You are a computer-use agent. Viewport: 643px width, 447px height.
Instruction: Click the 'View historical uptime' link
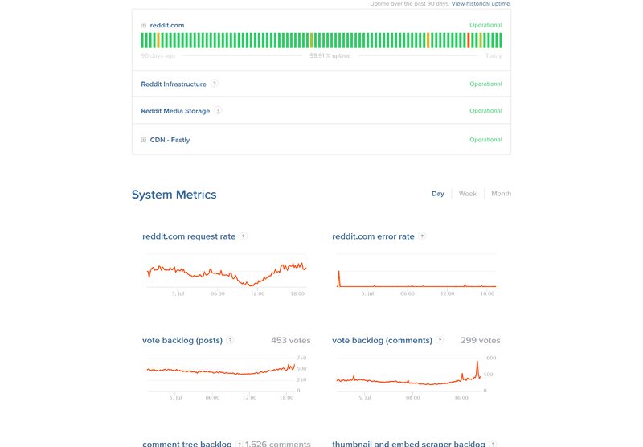(x=480, y=4)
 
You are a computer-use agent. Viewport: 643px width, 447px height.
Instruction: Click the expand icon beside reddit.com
(x=144, y=25)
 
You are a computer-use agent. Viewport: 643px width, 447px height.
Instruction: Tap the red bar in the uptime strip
(x=469, y=40)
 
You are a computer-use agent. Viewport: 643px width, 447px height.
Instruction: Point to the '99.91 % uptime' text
(x=330, y=56)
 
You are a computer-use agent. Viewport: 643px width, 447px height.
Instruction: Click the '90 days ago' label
(x=158, y=56)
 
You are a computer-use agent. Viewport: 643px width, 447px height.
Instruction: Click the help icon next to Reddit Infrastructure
(x=215, y=84)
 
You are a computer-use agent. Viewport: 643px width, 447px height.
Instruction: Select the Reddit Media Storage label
(x=175, y=111)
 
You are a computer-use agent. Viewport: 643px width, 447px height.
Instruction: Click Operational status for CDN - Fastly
(x=485, y=140)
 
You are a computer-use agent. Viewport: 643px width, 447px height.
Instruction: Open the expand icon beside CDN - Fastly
(x=144, y=140)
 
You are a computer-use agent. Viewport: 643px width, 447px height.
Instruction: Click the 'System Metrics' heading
(x=174, y=195)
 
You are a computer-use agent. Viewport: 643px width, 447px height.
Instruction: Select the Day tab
(x=437, y=194)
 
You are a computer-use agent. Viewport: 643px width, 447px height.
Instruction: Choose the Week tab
(x=467, y=194)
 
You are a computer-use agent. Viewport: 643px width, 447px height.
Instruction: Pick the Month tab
(x=501, y=194)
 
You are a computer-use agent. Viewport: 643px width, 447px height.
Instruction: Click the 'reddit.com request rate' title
(x=189, y=236)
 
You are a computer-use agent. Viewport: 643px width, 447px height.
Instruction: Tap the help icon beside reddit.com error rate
(x=422, y=236)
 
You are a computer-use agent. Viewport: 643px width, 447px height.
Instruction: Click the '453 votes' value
(x=290, y=341)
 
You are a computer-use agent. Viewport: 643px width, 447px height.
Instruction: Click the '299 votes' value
(x=480, y=341)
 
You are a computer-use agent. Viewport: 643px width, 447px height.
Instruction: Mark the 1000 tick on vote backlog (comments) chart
(x=489, y=358)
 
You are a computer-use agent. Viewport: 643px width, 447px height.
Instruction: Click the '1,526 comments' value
(x=277, y=444)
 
